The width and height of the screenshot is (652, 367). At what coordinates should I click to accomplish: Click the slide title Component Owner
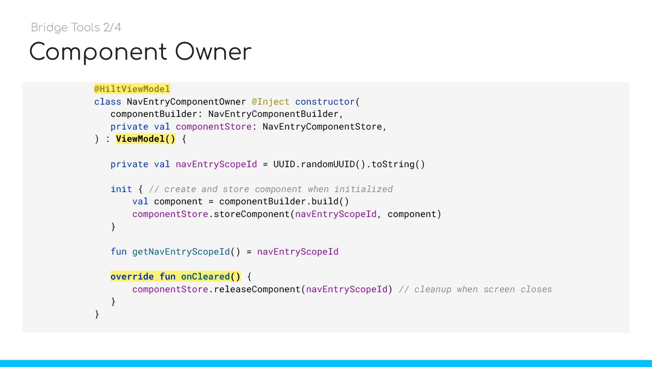pyautogui.click(x=140, y=52)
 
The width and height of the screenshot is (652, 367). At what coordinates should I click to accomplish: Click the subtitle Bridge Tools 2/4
pyautogui.click(x=76, y=28)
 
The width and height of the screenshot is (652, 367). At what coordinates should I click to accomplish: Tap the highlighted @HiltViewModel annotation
pyautogui.click(x=132, y=89)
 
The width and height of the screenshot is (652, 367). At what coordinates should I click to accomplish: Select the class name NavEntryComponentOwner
pyautogui.click(x=186, y=101)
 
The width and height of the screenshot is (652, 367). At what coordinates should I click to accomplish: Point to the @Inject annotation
pyautogui.click(x=270, y=101)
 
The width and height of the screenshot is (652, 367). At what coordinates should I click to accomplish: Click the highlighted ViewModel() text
pyautogui.click(x=145, y=139)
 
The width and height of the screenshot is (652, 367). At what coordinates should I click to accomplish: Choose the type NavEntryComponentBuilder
pyautogui.click(x=273, y=114)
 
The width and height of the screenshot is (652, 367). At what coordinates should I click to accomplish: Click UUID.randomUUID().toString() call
pyautogui.click(x=349, y=164)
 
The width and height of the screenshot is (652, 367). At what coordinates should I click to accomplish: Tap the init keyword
pyautogui.click(x=121, y=189)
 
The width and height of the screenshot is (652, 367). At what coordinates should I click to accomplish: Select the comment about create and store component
pyautogui.click(x=271, y=189)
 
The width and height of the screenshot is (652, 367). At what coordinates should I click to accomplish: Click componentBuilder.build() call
pyautogui.click(x=284, y=201)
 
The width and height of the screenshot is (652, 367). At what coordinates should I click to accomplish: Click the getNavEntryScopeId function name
pyautogui.click(x=181, y=251)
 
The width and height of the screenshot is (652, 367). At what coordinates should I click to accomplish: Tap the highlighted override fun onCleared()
pyautogui.click(x=176, y=276)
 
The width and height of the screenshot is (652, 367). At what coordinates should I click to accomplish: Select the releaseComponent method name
pyautogui.click(x=257, y=289)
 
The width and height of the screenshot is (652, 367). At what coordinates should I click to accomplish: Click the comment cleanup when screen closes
pyautogui.click(x=475, y=289)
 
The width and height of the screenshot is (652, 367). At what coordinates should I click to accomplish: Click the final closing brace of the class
pyautogui.click(x=97, y=314)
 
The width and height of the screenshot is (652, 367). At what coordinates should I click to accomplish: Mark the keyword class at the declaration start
pyautogui.click(x=108, y=101)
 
